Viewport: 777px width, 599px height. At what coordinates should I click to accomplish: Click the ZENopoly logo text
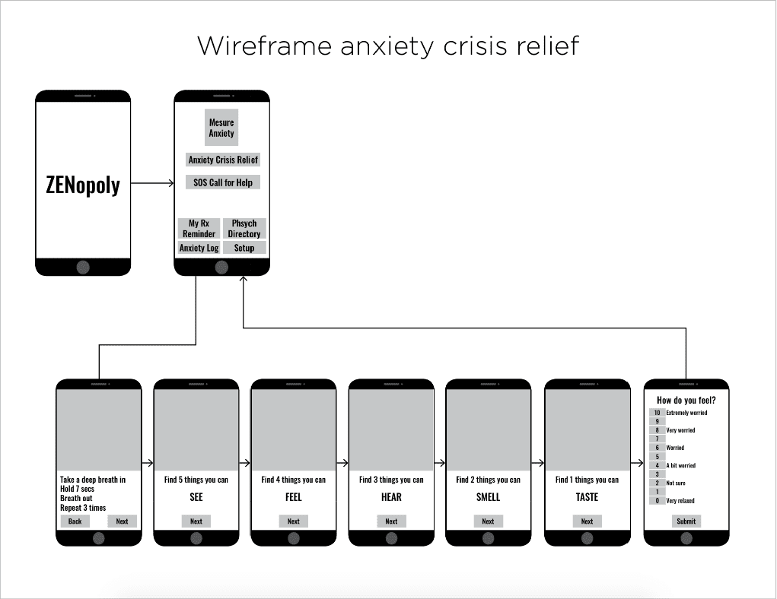coord(83,185)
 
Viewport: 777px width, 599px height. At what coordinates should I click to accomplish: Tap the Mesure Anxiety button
coord(221,128)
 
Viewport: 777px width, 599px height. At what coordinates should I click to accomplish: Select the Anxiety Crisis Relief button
coord(223,160)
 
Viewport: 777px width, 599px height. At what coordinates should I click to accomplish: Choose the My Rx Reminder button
coord(199,229)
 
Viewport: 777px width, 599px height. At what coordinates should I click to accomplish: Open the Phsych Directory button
coord(244,229)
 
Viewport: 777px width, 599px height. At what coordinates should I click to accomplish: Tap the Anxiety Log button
coord(199,248)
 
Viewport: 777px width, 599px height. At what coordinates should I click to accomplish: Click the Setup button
coord(244,248)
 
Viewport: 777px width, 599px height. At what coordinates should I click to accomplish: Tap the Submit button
coord(686,521)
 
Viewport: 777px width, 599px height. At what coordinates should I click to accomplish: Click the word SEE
coord(196,497)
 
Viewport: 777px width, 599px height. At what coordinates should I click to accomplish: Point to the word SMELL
coord(488,497)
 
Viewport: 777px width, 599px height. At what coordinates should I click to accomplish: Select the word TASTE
coord(587,497)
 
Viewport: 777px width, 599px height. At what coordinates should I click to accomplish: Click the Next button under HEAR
coord(391,521)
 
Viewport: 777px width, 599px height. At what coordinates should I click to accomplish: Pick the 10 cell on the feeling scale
coord(657,413)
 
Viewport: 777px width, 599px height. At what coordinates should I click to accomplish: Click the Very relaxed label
coord(680,501)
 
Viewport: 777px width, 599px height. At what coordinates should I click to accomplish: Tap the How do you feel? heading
coord(686,400)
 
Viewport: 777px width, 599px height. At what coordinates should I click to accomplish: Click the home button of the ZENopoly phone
coord(83,267)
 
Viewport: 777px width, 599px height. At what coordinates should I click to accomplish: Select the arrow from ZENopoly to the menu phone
coord(152,183)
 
